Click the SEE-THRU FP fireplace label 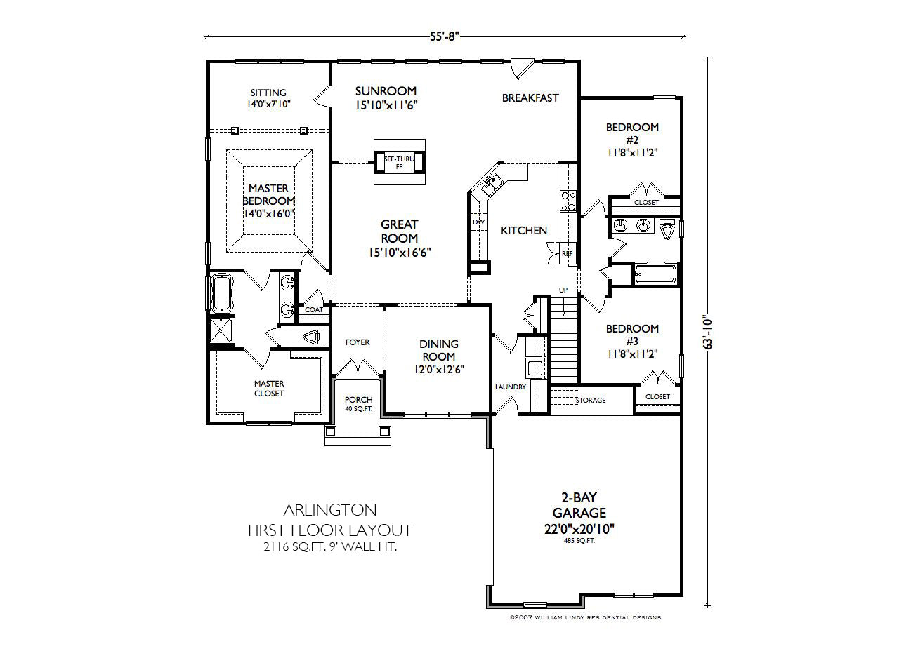click(x=399, y=163)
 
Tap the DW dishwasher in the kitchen click(x=479, y=222)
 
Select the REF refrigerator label click(x=568, y=253)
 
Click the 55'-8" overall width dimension click(x=444, y=36)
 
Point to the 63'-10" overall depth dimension click(x=707, y=332)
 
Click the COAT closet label click(x=313, y=310)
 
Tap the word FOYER click(x=358, y=342)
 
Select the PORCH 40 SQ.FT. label click(x=359, y=403)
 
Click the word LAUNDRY click(x=510, y=387)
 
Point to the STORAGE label click(x=591, y=400)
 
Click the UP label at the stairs click(x=563, y=290)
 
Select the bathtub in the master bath click(x=222, y=293)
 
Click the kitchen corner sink click(x=491, y=185)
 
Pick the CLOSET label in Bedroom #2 click(x=646, y=202)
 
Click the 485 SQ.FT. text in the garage click(x=579, y=541)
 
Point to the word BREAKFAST click(x=530, y=98)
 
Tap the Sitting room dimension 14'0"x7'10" click(x=268, y=104)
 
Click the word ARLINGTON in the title click(x=330, y=510)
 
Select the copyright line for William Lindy click(x=585, y=617)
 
